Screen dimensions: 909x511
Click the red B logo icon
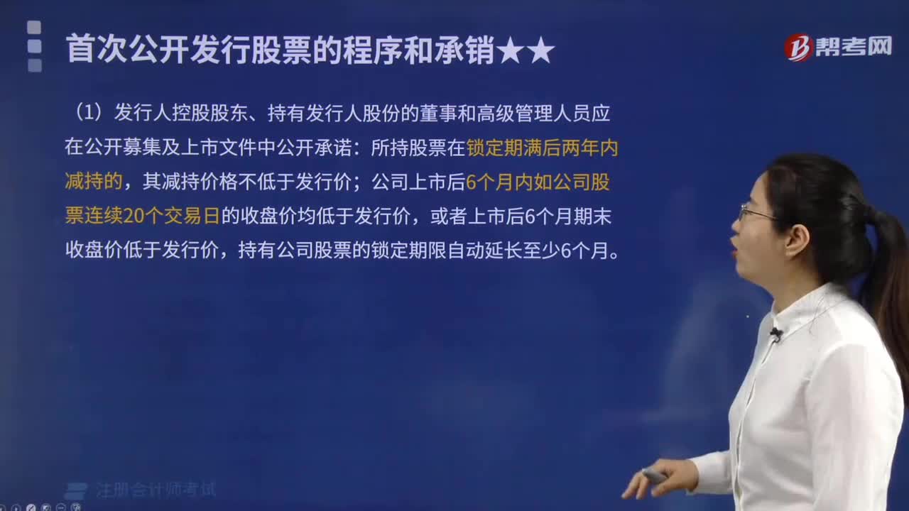[x=798, y=48]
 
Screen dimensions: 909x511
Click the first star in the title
[x=510, y=50]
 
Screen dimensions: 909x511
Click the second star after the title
[x=540, y=50]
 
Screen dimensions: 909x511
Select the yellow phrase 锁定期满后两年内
[x=543, y=148]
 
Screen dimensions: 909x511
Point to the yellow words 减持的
[x=94, y=181]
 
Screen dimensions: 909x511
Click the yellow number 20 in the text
[x=134, y=216]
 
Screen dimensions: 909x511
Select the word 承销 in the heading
[x=464, y=50]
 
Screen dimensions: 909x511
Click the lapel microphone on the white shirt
[x=776, y=334]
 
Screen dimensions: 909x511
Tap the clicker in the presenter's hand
[x=654, y=475]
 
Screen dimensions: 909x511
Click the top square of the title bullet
[x=34, y=28]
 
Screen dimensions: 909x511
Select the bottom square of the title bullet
[x=35, y=65]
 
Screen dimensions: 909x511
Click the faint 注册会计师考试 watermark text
[x=156, y=490]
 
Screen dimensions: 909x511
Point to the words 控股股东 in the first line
[x=209, y=113]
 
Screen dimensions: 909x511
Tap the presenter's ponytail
[x=888, y=284]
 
